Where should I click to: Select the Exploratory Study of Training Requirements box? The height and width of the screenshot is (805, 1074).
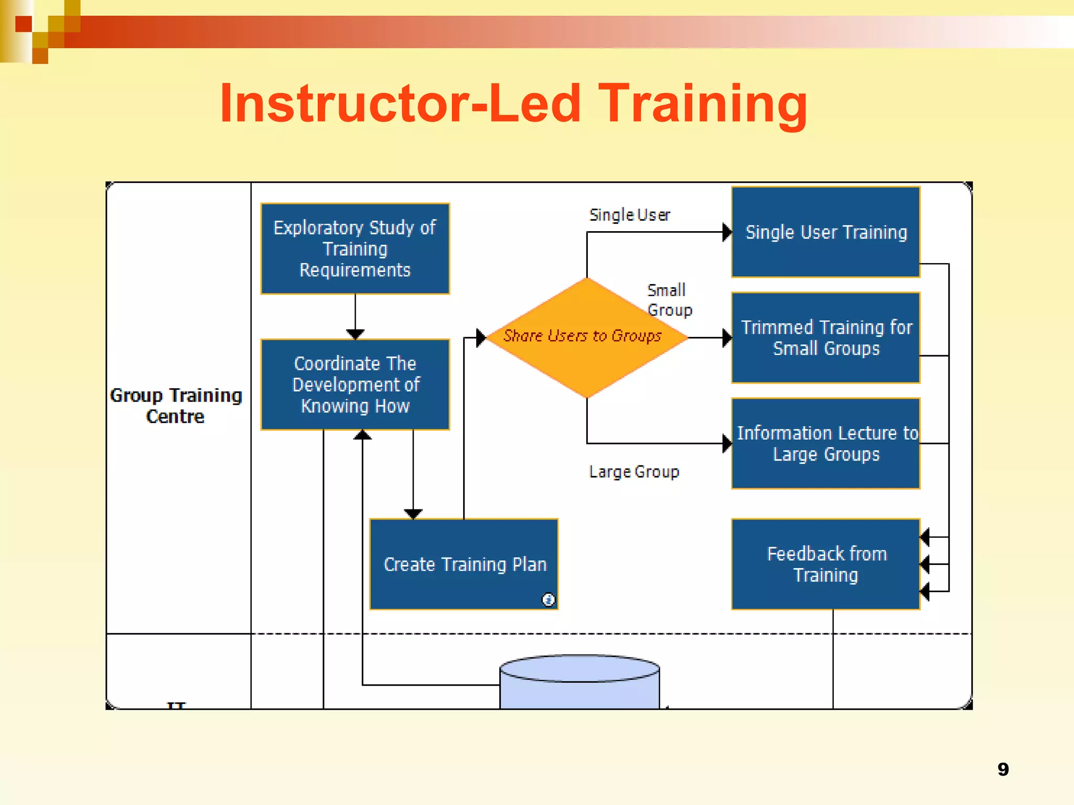pyautogui.click(x=355, y=248)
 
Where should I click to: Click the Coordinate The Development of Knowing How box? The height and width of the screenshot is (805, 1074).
pyautogui.click(x=355, y=384)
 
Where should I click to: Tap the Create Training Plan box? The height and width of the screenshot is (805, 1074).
pyautogui.click(x=464, y=564)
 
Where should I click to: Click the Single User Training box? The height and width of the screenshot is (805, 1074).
pyautogui.click(x=825, y=232)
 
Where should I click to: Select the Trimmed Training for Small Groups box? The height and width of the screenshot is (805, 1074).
pyautogui.click(x=825, y=338)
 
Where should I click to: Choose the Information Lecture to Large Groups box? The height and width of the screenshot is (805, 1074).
pyautogui.click(x=825, y=443)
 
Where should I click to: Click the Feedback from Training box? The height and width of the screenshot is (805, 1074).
pyautogui.click(x=825, y=564)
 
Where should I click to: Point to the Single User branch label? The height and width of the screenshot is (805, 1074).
pyautogui.click(x=629, y=215)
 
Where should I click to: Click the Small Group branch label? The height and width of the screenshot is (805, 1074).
pyautogui.click(x=669, y=300)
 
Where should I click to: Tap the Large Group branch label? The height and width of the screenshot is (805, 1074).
pyautogui.click(x=633, y=472)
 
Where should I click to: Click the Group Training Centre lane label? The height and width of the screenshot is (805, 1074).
pyautogui.click(x=176, y=405)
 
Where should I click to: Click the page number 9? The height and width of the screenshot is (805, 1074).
pyautogui.click(x=1003, y=769)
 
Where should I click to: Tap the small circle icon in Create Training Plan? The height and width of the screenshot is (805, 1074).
pyautogui.click(x=548, y=599)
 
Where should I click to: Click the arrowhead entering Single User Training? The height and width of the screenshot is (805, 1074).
pyautogui.click(x=727, y=232)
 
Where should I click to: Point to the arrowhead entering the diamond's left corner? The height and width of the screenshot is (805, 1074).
pyautogui.click(x=481, y=338)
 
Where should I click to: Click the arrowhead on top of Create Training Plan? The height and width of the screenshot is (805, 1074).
pyautogui.click(x=413, y=514)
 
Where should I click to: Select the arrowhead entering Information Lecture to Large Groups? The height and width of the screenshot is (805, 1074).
pyautogui.click(x=727, y=443)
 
